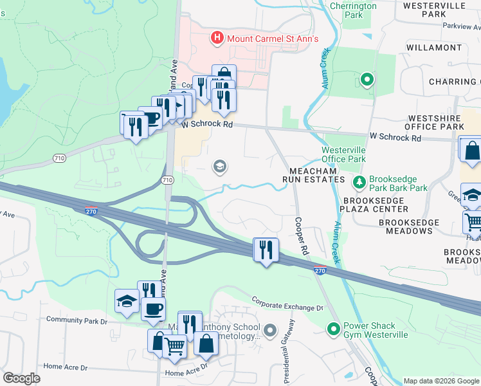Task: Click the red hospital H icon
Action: pyautogui.click(x=217, y=39)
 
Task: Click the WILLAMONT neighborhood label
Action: pyautogui.click(x=434, y=48)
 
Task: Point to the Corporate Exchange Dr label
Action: pyautogui.click(x=287, y=304)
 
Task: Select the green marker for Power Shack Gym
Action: pyautogui.click(x=333, y=329)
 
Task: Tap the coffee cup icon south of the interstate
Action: pyautogui.click(x=153, y=308)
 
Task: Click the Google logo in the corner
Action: pyautogui.click(x=22, y=378)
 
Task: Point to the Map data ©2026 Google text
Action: pyautogui.click(x=440, y=381)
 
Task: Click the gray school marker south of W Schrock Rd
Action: pyautogui.click(x=219, y=167)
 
